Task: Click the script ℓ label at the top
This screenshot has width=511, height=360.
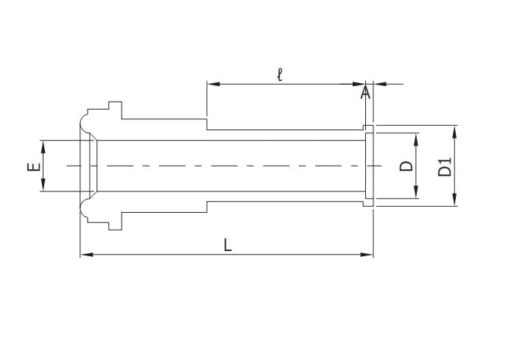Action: point(280,75)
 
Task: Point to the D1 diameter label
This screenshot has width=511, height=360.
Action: point(444,166)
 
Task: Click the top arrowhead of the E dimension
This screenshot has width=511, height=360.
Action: point(43,145)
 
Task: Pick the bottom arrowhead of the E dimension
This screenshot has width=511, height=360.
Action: point(43,188)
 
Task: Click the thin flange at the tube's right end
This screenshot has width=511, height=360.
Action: point(370,166)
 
